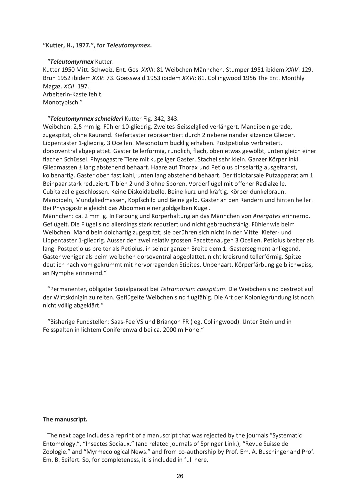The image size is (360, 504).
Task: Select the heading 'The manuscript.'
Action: point(65,419)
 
